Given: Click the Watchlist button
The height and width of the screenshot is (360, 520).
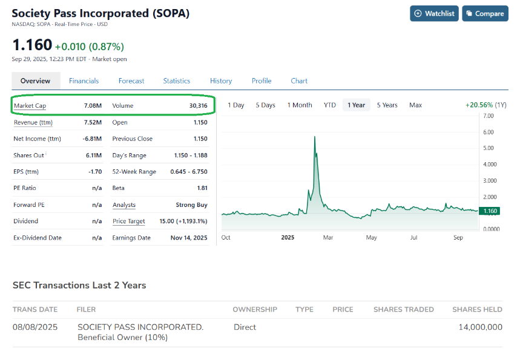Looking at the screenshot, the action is (434, 13).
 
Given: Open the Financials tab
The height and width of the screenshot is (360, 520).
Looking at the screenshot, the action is (84, 81).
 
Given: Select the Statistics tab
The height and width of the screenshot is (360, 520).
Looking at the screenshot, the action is (176, 81).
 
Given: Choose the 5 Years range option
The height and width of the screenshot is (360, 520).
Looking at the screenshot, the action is (387, 105).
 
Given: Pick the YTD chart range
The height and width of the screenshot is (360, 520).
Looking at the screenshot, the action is (330, 105).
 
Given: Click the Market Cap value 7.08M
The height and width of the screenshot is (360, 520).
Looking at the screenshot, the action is (93, 106).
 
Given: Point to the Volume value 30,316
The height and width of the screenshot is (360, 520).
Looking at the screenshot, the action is (199, 106).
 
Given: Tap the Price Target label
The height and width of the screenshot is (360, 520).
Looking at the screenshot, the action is (129, 221).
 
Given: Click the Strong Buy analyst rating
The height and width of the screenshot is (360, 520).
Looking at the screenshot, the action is (192, 205).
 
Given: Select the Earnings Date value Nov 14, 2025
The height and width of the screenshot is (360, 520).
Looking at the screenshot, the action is (189, 238).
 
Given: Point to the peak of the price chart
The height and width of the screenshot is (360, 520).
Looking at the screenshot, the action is (314, 137).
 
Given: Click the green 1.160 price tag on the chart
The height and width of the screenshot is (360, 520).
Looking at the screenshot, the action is (490, 211).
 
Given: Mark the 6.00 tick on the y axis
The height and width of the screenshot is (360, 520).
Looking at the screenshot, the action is (488, 132).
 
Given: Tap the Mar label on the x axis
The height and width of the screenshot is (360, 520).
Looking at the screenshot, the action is (328, 237).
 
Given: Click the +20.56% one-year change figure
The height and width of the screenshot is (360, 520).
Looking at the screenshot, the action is (479, 105).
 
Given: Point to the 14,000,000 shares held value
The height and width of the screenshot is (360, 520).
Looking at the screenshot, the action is (481, 327).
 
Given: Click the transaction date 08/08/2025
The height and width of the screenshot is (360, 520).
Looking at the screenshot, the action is (35, 327).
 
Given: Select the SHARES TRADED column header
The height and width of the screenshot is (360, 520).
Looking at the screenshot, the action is (404, 309).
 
